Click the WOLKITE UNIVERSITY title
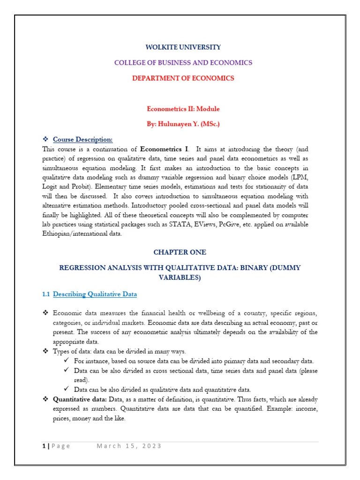pos(183,47)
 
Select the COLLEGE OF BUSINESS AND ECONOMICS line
pos(183,62)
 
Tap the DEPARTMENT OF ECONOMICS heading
pos(183,78)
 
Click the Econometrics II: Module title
pos(183,109)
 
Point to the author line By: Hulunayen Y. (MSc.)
pos(183,124)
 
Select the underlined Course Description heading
pos(82,139)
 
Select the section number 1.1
pos(45,294)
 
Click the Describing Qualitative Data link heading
pos(95,294)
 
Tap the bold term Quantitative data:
pos(80,399)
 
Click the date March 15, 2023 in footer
pos(129,446)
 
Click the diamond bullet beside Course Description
pos(45,139)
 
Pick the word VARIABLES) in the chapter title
pos(180,277)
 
